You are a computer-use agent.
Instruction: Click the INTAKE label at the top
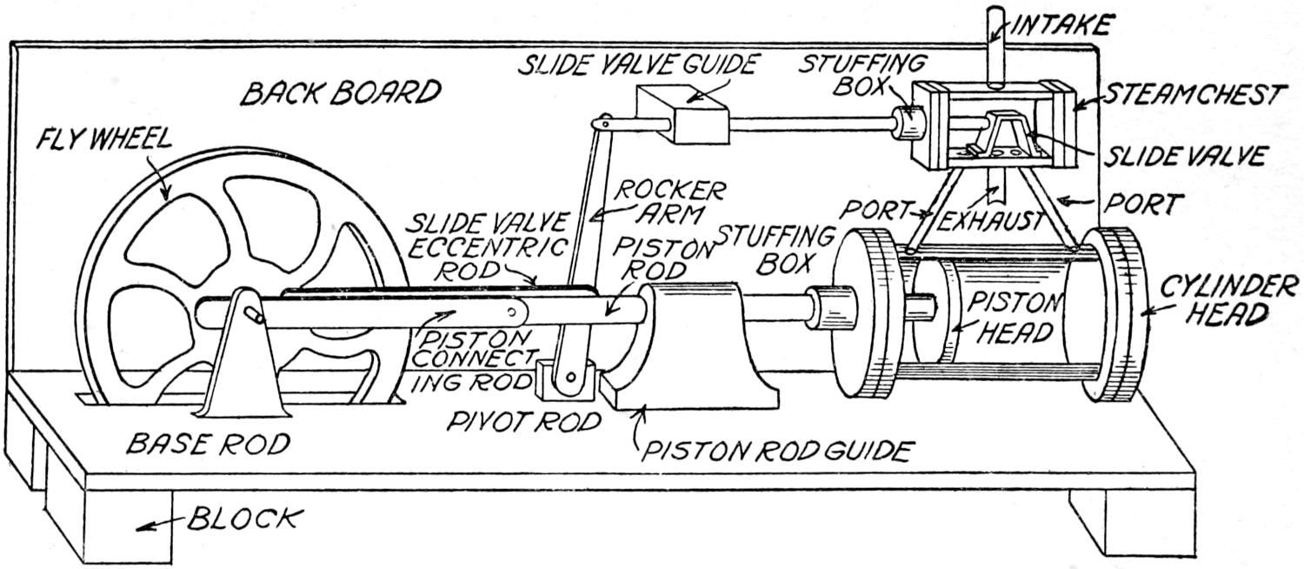tap(1062, 26)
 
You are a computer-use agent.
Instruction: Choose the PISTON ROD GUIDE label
tap(775, 450)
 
